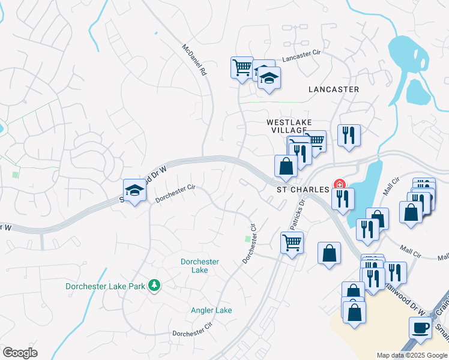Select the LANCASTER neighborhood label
(x=333, y=89)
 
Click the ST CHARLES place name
(x=303, y=189)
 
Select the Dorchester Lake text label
(x=200, y=266)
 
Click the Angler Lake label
(x=211, y=310)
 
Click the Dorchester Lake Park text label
(x=106, y=286)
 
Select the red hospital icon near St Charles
(x=340, y=184)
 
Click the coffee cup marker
(x=420, y=328)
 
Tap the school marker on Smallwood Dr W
(x=135, y=191)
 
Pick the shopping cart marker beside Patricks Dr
(x=292, y=242)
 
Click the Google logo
(x=20, y=352)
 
